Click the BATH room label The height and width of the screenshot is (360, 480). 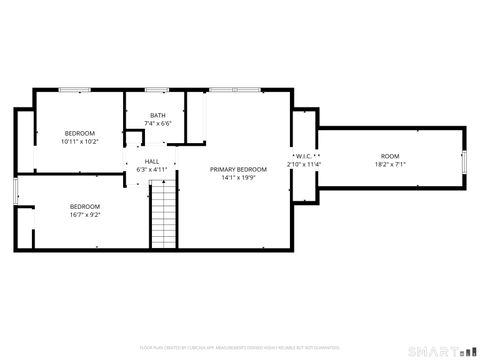158,115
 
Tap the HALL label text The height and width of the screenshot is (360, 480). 152,161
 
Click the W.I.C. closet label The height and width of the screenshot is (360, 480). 305,156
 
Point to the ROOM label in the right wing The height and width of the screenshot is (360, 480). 389,156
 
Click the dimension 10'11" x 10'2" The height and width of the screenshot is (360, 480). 80,142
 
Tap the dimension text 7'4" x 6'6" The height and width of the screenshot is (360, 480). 158,124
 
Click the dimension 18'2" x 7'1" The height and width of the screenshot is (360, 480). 389,165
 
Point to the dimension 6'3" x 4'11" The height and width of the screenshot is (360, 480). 152,170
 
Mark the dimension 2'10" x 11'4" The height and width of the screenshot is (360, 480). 305,165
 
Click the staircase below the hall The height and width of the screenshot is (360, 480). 163,221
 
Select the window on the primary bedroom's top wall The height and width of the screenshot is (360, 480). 224,91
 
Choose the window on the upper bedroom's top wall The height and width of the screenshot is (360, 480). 72,91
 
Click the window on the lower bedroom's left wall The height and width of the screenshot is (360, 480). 14,190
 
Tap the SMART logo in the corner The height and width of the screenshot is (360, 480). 440,351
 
